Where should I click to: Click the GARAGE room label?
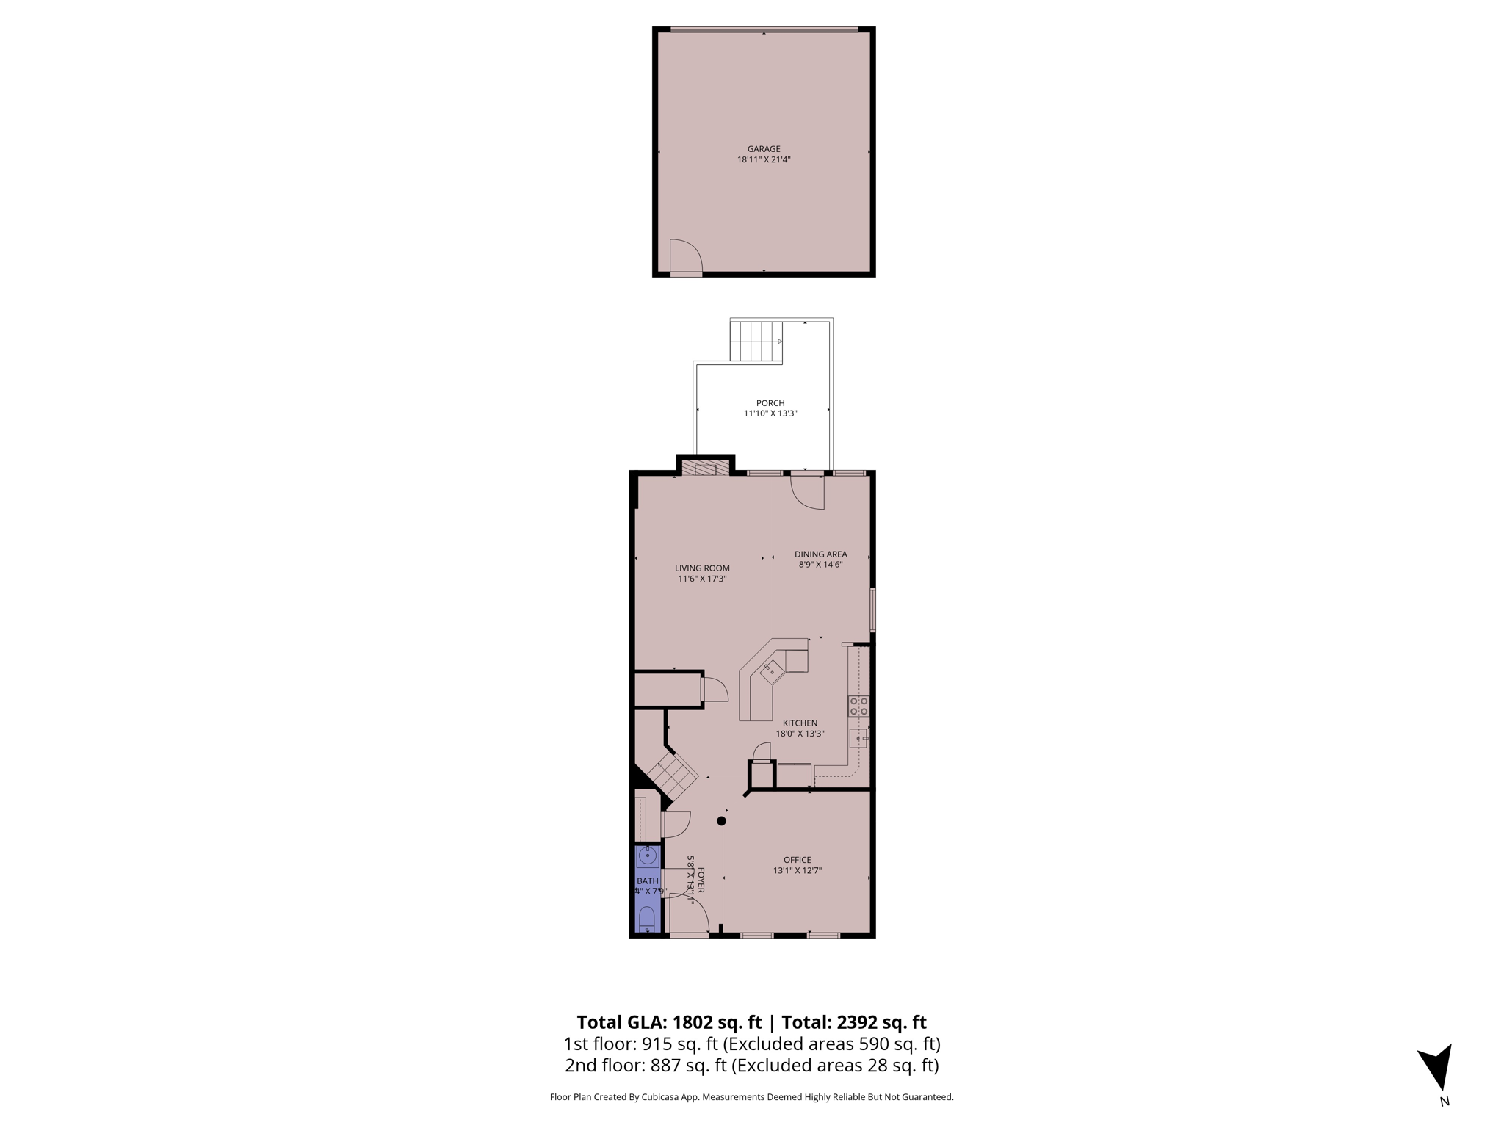(764, 149)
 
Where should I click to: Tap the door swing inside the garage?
(685, 257)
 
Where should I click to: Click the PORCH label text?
(770, 403)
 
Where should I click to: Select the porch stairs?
(756, 341)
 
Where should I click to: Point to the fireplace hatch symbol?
(706, 469)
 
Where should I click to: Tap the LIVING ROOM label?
(702, 568)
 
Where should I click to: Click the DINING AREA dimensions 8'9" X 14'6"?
(820, 565)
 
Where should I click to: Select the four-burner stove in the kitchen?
(858, 706)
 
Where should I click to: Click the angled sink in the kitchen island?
(772, 671)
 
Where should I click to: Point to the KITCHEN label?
(800, 723)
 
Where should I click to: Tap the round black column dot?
(722, 821)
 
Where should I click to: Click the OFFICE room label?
(797, 860)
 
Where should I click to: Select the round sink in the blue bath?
(648, 856)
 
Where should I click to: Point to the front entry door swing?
(690, 915)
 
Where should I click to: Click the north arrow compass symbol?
(1437, 1066)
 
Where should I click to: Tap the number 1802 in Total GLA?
(693, 1022)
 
